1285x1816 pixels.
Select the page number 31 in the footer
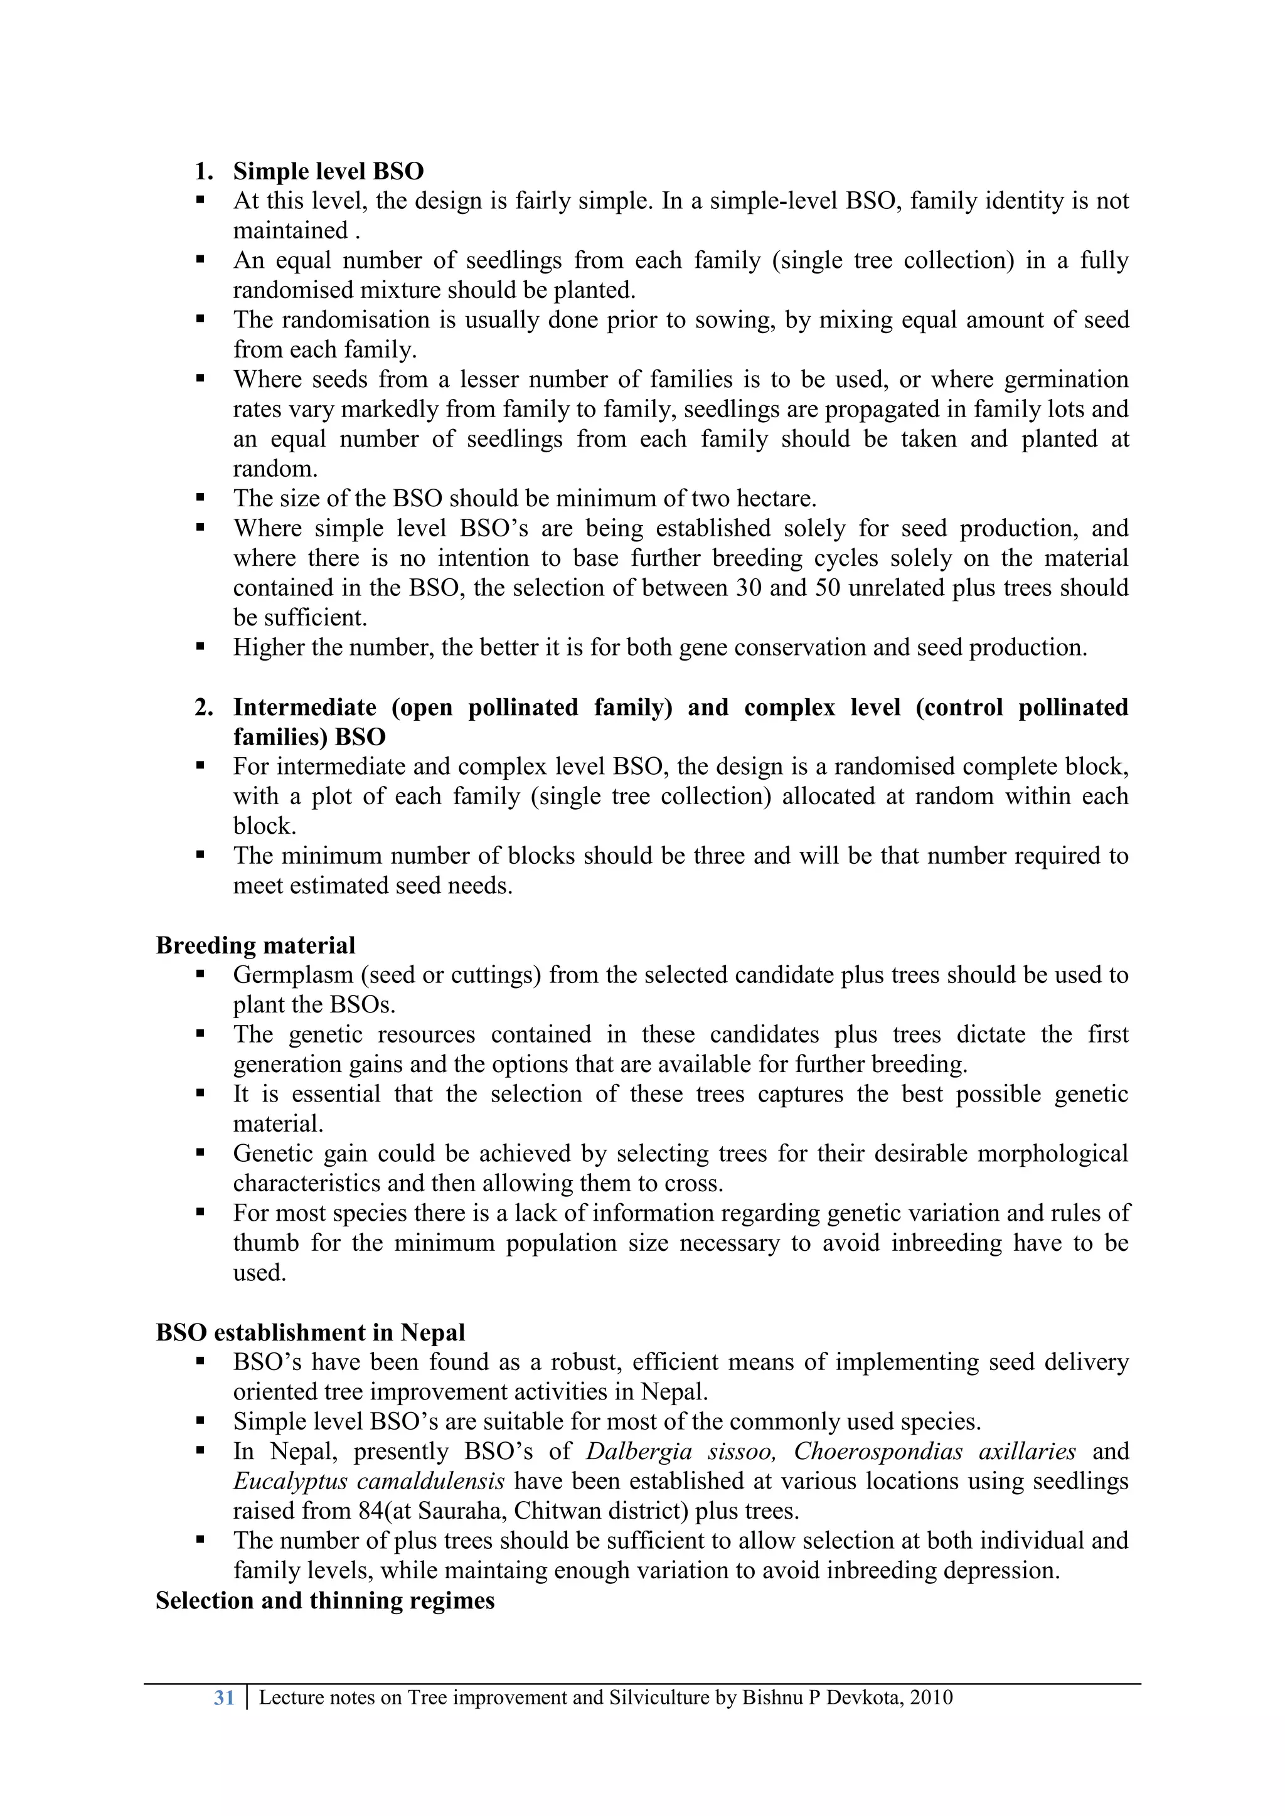(224, 1697)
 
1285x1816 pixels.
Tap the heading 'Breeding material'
(255, 945)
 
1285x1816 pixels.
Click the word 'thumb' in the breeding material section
(266, 1243)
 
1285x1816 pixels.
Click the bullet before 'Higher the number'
(200, 647)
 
